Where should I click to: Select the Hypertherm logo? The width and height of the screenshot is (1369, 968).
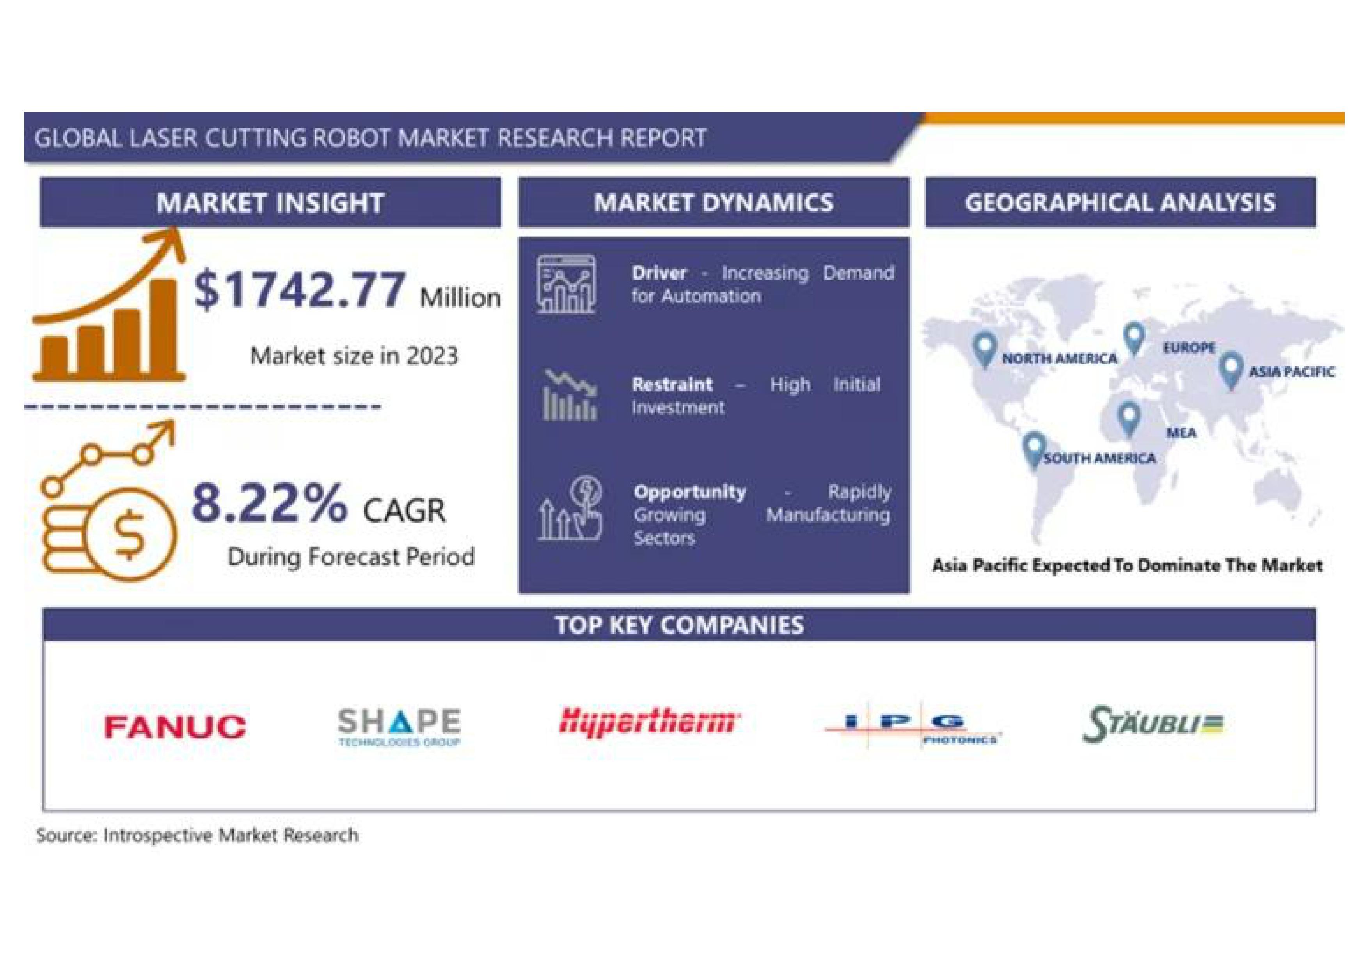(649, 722)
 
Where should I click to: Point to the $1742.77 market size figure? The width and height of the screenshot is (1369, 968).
(299, 290)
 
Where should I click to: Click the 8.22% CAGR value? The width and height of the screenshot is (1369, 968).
(269, 503)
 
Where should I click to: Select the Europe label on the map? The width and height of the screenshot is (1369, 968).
(1189, 347)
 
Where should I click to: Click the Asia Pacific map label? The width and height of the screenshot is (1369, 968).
(1291, 372)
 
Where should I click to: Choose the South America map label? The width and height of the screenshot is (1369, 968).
(1099, 458)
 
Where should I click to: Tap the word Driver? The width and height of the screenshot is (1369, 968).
(659, 273)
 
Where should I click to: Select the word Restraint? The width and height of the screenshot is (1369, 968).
(672, 384)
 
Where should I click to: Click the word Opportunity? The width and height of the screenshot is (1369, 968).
(690, 492)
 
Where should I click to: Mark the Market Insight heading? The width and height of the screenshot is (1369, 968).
(270, 203)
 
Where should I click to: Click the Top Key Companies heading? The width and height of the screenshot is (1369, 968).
(679, 625)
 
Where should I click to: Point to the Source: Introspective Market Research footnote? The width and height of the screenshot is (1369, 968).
(197, 835)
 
